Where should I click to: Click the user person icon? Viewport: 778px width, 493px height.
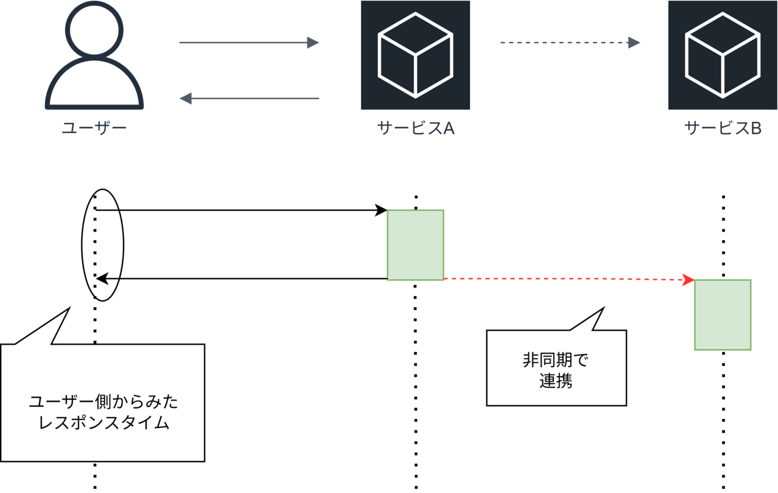[x=94, y=58]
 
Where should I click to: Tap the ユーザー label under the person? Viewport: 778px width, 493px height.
[x=94, y=128]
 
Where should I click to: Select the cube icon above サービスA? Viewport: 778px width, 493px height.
[x=415, y=55]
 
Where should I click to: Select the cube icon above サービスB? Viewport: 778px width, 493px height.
[x=723, y=55]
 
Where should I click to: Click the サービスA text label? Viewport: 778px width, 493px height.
[x=416, y=128]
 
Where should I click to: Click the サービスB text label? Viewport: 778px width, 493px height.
[x=723, y=128]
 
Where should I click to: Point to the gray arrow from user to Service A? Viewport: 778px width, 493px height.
[x=249, y=43]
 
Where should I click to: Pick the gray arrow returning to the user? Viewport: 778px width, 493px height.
[x=249, y=98]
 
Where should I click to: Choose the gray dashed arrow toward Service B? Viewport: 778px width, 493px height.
[x=570, y=43]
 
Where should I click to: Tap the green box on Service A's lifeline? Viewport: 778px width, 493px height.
[x=416, y=244]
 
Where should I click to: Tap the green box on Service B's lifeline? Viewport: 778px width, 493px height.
[x=723, y=314]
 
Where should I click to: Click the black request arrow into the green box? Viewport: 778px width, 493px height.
[x=243, y=210]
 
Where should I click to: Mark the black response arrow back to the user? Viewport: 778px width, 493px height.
[x=243, y=279]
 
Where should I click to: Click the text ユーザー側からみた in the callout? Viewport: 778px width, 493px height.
[x=103, y=402]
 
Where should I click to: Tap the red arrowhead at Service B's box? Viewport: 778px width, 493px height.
[x=689, y=280]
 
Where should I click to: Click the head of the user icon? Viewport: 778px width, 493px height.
[x=94, y=29]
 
